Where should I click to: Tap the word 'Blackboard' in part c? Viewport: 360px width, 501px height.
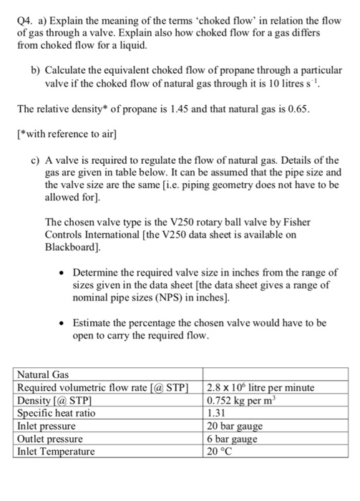tap(74, 248)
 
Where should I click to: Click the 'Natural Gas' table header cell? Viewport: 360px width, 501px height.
tap(42, 374)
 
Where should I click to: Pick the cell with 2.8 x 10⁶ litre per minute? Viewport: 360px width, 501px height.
tap(260, 387)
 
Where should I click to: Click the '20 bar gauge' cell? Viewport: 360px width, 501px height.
tap(233, 426)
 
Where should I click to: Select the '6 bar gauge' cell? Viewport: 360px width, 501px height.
tap(230, 439)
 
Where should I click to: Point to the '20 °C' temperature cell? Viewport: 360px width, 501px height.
tap(220, 452)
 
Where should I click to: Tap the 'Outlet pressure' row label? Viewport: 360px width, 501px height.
tap(49, 439)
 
